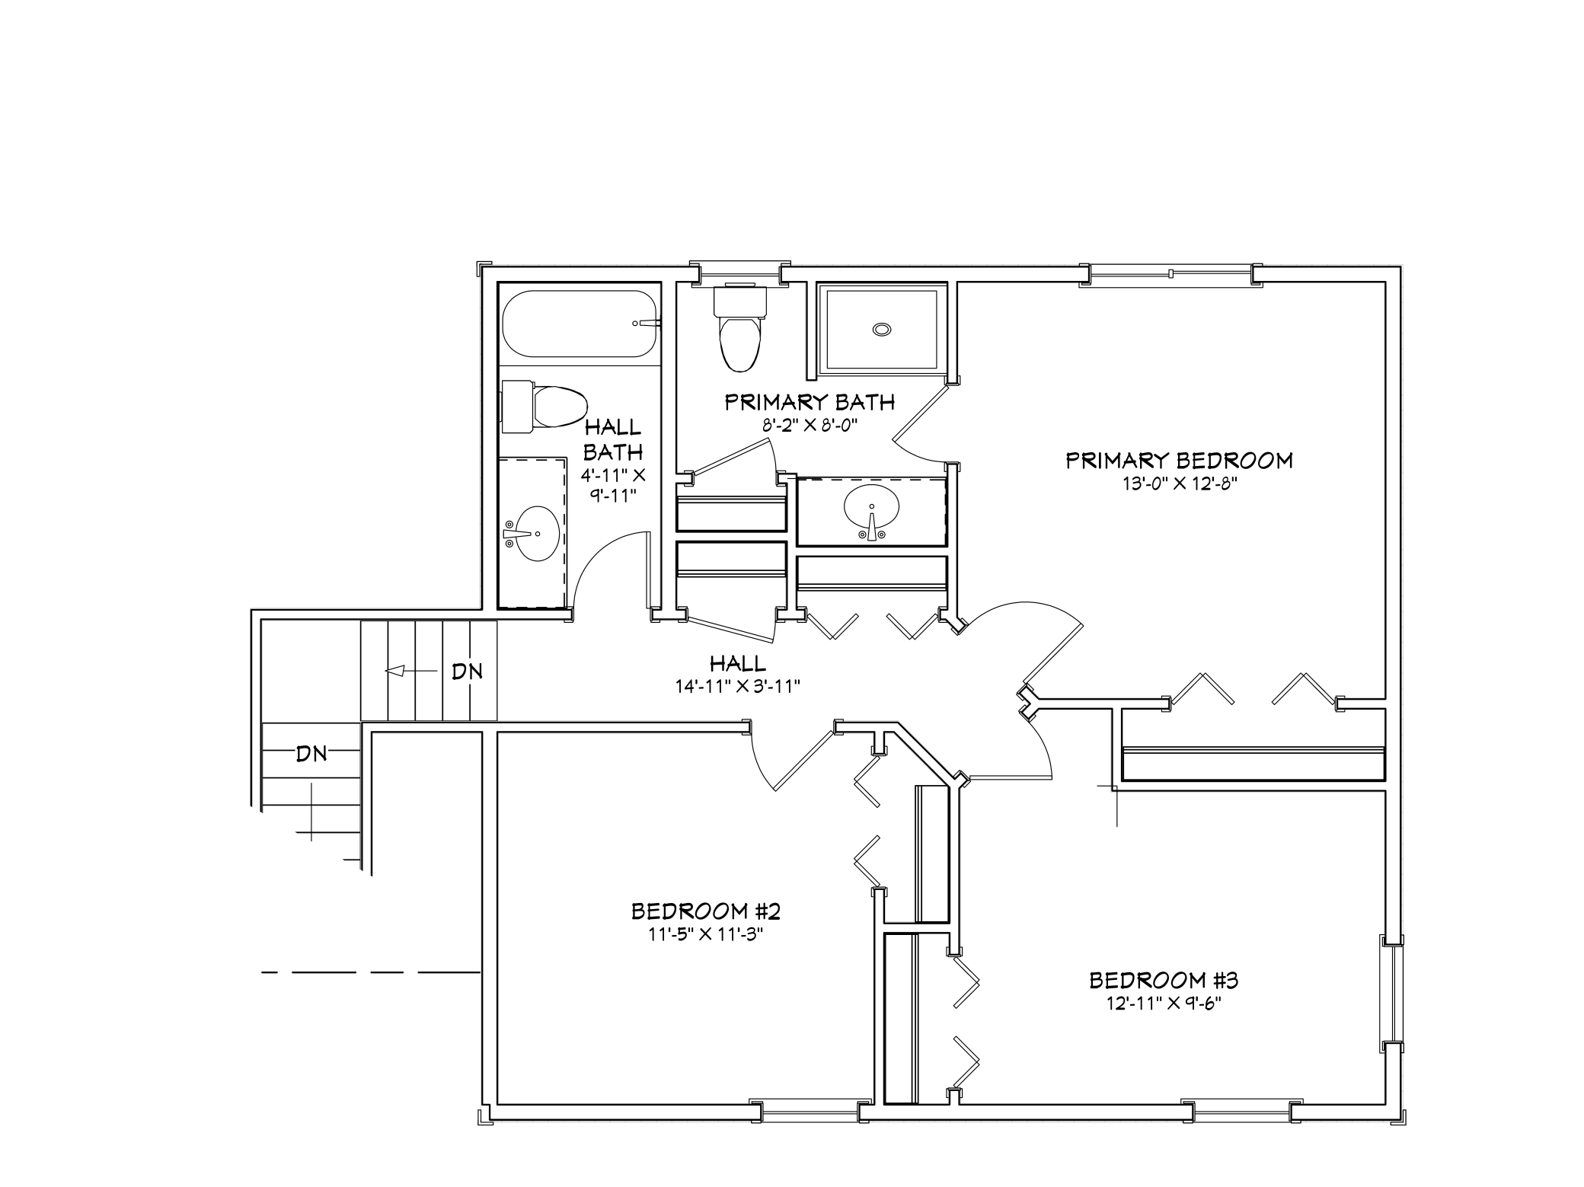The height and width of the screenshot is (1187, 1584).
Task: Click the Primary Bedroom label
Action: [1179, 461]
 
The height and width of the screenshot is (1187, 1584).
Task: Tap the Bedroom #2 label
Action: [706, 911]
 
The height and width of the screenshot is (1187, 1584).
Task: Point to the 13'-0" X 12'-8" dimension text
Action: [1179, 483]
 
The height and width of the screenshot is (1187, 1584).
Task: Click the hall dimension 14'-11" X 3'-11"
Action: [737, 686]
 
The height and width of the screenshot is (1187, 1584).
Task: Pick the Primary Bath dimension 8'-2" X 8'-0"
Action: [810, 425]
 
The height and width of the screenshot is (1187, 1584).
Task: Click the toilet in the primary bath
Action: [739, 327]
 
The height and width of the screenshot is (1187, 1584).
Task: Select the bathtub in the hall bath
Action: [579, 324]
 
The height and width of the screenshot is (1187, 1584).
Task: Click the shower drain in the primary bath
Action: [881, 329]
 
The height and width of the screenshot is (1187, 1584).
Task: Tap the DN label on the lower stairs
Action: [311, 754]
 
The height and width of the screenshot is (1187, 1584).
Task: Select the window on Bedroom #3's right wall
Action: [1391, 994]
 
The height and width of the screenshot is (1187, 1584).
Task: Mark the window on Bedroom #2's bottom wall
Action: [810, 1111]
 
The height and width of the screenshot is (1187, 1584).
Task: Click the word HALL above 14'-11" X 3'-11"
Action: [737, 663]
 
